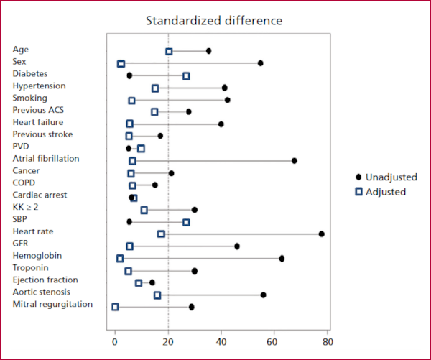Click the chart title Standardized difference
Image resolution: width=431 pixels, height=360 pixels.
(x=213, y=19)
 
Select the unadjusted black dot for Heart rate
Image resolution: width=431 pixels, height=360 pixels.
(x=321, y=234)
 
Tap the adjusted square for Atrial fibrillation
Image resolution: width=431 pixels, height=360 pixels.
(x=132, y=161)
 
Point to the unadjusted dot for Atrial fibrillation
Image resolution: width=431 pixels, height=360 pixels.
(x=295, y=160)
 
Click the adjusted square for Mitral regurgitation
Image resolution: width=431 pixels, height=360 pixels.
(x=115, y=307)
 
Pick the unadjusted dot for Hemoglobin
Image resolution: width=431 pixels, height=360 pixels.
(x=282, y=258)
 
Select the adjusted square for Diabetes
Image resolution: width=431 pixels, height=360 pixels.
(x=186, y=76)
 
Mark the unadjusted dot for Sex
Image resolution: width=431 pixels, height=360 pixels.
(x=261, y=63)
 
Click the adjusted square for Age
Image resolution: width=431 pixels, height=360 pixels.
(x=169, y=52)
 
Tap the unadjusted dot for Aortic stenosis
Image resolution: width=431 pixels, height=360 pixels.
(x=263, y=295)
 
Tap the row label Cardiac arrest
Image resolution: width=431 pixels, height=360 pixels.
(x=40, y=195)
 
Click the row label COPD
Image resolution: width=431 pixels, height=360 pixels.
(x=24, y=183)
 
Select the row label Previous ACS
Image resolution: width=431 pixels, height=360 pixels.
(x=40, y=110)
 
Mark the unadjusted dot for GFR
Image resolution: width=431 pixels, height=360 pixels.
(x=237, y=246)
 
